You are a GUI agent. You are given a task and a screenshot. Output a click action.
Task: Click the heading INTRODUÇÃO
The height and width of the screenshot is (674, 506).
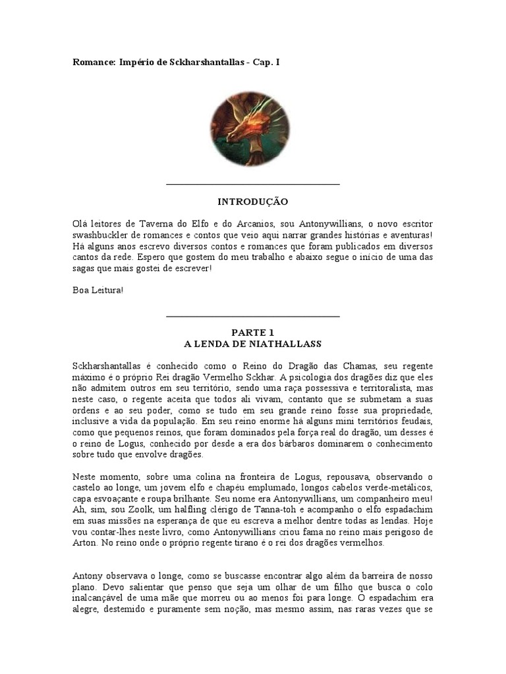point(253,201)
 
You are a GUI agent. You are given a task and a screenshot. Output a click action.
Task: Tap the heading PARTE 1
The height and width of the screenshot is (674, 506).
point(253,332)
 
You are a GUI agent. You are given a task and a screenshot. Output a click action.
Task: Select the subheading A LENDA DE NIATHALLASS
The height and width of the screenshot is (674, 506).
point(253,344)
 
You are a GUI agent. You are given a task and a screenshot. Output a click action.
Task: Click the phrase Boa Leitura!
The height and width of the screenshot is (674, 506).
point(98,290)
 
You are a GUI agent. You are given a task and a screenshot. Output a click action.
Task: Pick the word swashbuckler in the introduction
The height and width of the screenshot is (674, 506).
point(104,236)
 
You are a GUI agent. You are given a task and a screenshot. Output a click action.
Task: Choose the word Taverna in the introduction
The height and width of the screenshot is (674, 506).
point(154,224)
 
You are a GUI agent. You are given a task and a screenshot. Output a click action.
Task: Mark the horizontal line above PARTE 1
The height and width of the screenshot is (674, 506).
point(253,317)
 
